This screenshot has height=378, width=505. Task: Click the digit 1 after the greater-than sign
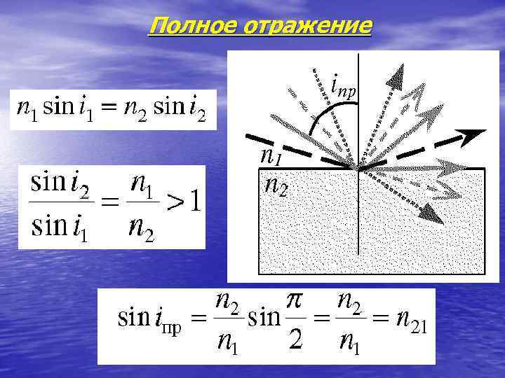196,203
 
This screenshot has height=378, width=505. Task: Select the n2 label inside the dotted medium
274,185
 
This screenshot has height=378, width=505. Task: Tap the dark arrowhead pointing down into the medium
434,214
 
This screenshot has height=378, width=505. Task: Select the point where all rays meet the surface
358,169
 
